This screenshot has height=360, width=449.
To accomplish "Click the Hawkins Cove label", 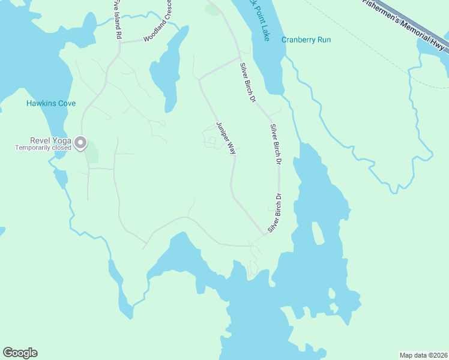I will [51, 103].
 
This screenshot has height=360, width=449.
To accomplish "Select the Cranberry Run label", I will [306, 40].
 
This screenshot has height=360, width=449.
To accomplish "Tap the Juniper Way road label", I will [225, 137].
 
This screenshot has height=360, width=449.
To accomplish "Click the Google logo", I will [20, 353].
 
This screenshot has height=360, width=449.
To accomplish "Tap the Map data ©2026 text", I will [423, 355].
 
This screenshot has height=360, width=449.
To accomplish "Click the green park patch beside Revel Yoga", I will [91, 154].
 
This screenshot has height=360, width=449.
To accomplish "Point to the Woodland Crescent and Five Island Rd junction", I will [119, 42].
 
